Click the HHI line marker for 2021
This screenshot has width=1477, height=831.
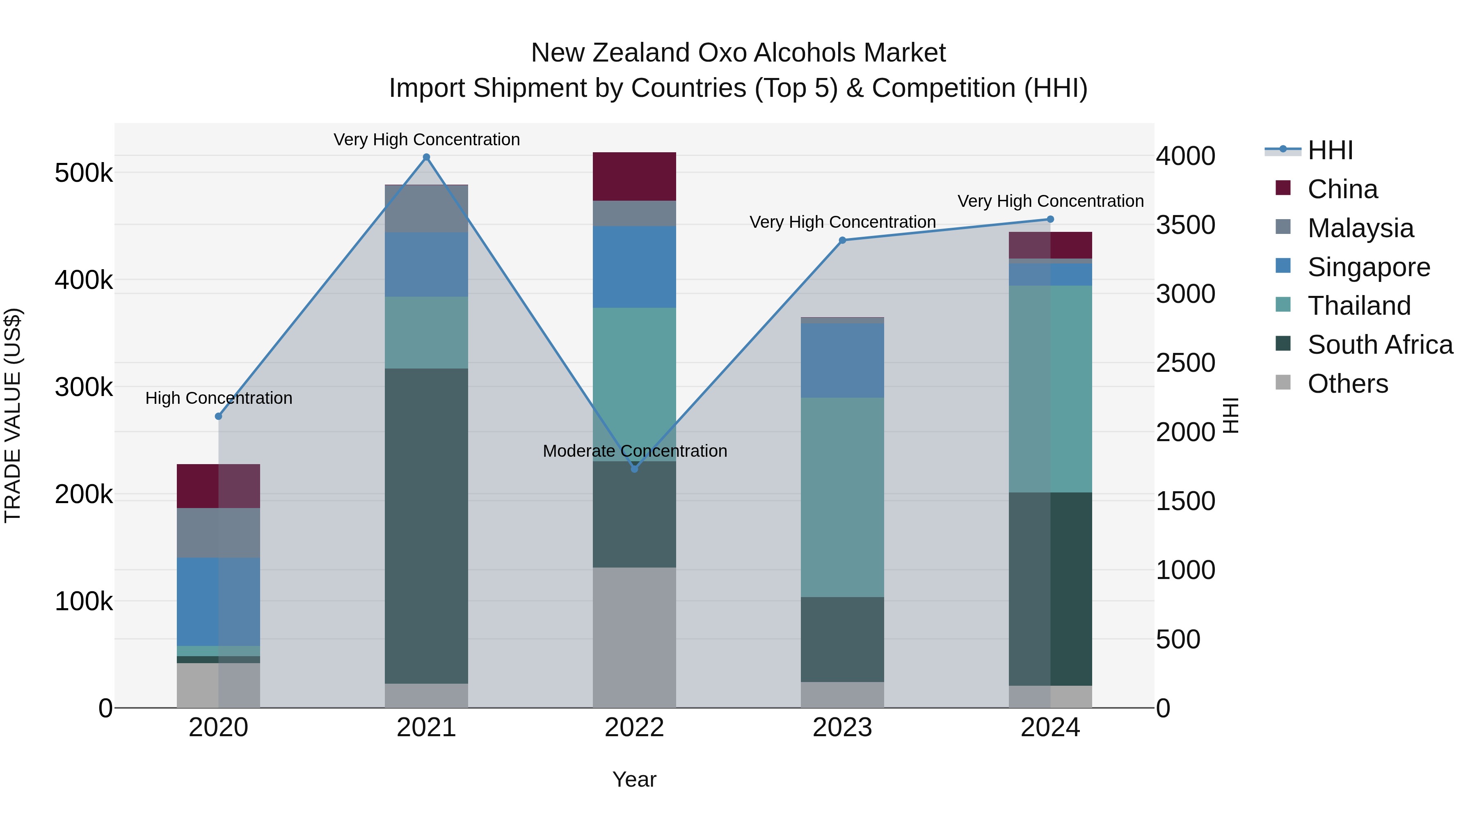click(426, 157)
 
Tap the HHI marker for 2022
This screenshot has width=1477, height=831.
click(634, 469)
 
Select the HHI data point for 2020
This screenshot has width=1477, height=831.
click(218, 417)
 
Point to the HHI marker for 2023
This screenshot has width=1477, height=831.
click(842, 240)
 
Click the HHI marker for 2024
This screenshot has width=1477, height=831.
click(1050, 219)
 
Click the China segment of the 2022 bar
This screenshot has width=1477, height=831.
click(634, 176)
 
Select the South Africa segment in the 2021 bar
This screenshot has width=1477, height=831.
click(426, 526)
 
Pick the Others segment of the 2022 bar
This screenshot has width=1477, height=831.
click(634, 637)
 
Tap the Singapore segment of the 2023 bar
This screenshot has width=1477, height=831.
click(842, 360)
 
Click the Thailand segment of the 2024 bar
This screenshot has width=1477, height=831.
click(1050, 389)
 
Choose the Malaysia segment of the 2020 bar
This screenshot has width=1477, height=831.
click(218, 533)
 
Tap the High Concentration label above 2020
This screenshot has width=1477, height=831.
click(218, 398)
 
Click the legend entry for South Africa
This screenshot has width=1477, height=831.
click(1379, 345)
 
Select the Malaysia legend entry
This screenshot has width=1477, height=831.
click(1360, 228)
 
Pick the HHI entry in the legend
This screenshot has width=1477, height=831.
click(1330, 150)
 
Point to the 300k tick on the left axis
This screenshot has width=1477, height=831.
click(84, 387)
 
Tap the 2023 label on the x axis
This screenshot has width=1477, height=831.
click(842, 728)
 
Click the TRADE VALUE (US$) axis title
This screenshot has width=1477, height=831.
click(13, 415)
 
